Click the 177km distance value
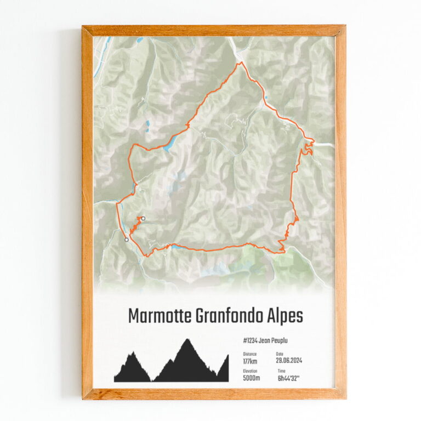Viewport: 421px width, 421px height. [250, 361]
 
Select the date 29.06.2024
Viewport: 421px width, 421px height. [289, 361]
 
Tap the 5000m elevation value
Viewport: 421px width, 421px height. [251, 378]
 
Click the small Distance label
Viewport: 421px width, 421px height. [249, 354]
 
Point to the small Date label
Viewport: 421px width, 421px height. [280, 354]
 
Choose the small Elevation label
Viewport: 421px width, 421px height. [250, 371]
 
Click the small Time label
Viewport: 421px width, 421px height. [280, 371]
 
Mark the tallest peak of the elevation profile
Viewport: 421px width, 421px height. [187, 340]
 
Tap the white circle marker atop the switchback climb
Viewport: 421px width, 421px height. [143, 219]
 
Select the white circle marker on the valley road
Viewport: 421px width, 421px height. [127, 240]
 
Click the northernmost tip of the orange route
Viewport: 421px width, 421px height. [239, 62]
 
